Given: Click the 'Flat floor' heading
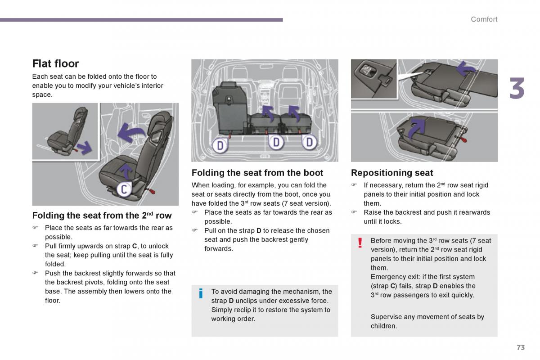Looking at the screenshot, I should [x=55, y=63].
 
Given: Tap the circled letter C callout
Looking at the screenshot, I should [x=124, y=189].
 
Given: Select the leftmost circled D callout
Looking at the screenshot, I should [x=220, y=145].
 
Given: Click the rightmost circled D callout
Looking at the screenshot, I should [x=309, y=143].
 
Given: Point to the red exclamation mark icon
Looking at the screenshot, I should [x=360, y=243].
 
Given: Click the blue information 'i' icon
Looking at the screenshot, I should [x=201, y=294].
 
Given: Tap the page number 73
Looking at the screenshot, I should [x=521, y=347].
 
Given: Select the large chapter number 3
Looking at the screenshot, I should [x=517, y=89].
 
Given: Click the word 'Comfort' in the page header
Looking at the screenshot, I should [x=484, y=19].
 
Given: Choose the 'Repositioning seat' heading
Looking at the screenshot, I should [x=392, y=173].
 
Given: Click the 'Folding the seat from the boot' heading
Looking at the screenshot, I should [x=257, y=173].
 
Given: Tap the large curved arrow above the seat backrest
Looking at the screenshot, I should [x=131, y=133].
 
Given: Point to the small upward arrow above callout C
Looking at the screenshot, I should [x=126, y=171].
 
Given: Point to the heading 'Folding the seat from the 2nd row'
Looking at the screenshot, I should [x=102, y=216].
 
